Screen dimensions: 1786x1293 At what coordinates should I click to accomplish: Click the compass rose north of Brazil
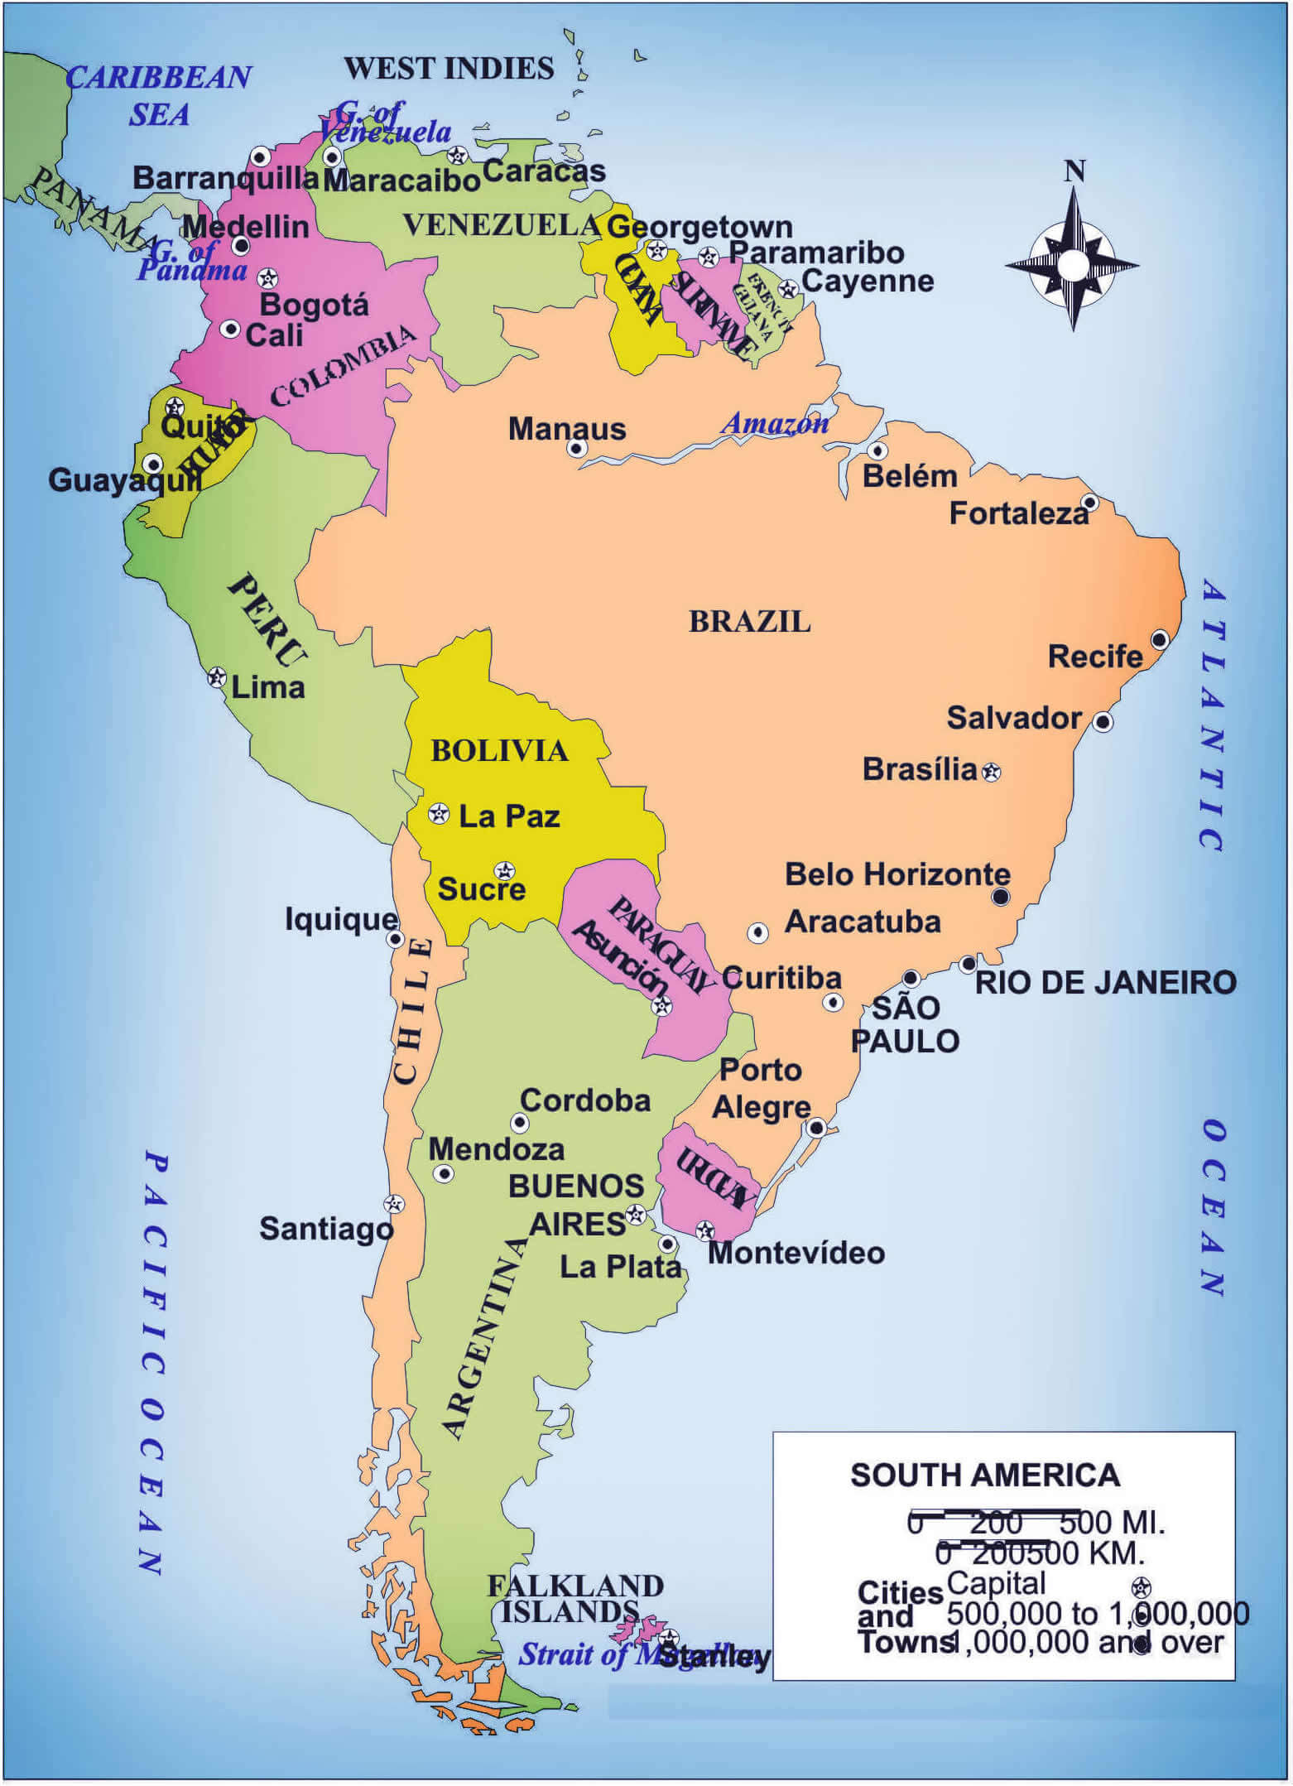[1073, 264]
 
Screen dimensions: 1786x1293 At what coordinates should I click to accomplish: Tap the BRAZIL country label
[749, 622]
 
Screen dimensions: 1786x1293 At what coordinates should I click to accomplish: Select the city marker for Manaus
[577, 449]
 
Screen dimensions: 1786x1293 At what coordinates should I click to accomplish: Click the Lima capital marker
[217, 677]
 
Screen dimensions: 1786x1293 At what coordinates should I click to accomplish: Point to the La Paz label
[509, 816]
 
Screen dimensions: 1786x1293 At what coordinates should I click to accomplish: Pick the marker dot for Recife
[1160, 639]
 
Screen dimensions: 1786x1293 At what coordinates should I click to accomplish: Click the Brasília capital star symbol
[992, 773]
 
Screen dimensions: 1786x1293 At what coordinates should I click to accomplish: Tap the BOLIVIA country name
[499, 751]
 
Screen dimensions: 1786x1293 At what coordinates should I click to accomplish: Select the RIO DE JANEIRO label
[1105, 983]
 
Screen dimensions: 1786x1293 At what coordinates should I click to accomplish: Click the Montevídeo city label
[796, 1253]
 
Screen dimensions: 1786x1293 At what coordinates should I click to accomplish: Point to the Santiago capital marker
[394, 1204]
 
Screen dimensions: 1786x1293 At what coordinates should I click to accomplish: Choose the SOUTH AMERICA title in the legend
[984, 1475]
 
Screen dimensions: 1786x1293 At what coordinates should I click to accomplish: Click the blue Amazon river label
[775, 423]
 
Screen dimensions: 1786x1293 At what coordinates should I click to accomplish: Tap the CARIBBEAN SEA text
[158, 95]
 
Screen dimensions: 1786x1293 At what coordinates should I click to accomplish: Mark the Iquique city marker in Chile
[396, 939]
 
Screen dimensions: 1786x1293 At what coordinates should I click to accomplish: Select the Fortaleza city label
[1018, 514]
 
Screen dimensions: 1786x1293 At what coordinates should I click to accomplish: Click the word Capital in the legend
[996, 1584]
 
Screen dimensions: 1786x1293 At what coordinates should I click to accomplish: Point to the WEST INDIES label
[449, 69]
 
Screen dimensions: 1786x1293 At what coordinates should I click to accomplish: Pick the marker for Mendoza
[445, 1174]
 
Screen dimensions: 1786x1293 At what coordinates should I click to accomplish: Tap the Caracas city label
[544, 171]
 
